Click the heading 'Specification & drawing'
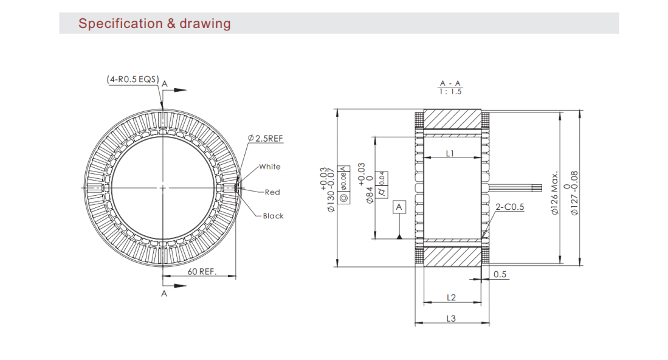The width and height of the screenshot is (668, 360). point(154,24)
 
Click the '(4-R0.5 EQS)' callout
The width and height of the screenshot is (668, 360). point(133,79)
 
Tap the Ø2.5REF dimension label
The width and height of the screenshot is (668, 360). point(266,138)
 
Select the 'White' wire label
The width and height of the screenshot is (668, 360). point(270,167)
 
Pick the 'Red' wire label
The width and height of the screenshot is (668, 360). point(272,192)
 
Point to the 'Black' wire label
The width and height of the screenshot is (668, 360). point(273,216)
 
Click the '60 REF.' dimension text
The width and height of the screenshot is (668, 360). point(202,271)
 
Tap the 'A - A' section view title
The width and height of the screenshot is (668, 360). point(450,83)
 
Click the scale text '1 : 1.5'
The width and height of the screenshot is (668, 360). point(450,91)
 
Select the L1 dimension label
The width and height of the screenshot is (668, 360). point(450,153)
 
